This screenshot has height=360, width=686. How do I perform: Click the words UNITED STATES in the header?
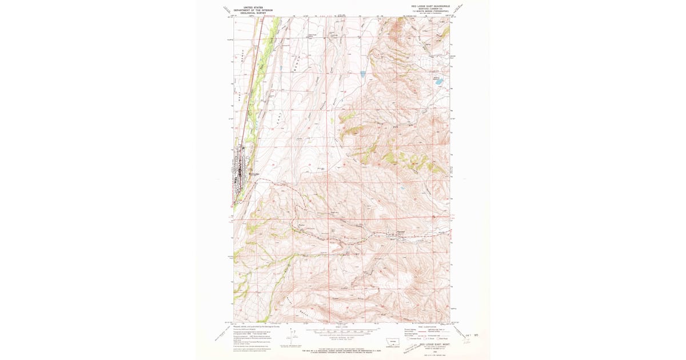pyautogui.click(x=253, y=7)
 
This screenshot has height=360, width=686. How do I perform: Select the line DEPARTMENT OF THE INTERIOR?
pyautogui.click(x=253, y=10)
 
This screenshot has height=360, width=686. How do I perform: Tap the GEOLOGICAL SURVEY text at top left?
pyautogui.click(x=253, y=13)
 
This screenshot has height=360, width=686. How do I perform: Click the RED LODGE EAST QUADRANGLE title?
pyautogui.click(x=426, y=6)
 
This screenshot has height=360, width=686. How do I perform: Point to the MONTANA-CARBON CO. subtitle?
pyautogui.click(x=426, y=9)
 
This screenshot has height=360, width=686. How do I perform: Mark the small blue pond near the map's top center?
pyautogui.click(x=362, y=73)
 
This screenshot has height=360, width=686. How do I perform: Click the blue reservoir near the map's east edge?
pyautogui.click(x=438, y=82)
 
